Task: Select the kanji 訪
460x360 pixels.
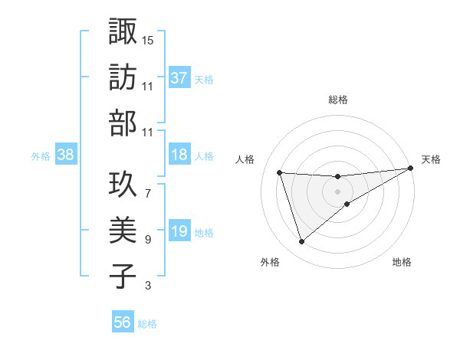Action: coord(123,77)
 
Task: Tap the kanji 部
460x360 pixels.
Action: coord(123,123)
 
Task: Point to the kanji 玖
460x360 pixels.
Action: coord(123,183)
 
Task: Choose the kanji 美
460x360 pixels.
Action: coord(123,230)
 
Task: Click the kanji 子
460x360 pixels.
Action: coord(123,276)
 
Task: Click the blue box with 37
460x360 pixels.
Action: coord(179,77)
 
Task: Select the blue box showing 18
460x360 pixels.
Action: coord(179,155)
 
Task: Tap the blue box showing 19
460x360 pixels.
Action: coord(179,232)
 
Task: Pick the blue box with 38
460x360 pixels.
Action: coord(65,155)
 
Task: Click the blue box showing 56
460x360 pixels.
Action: coord(123,322)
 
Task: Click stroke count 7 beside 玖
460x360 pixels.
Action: coord(148,185)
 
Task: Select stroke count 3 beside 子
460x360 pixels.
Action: coord(148,286)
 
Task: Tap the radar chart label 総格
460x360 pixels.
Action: coord(338,100)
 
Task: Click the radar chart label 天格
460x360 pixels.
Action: coord(432,159)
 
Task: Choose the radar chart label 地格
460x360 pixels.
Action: coord(402,262)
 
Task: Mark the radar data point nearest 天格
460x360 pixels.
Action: coord(411,169)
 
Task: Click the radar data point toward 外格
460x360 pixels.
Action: coord(301,242)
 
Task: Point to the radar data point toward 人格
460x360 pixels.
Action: coord(280,172)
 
